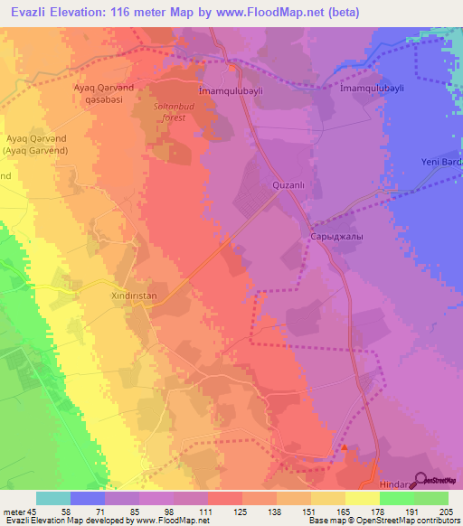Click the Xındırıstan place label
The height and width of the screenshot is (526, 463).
(133, 295)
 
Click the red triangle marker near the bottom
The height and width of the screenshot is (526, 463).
(344, 446)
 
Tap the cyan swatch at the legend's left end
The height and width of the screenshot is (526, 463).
(53, 498)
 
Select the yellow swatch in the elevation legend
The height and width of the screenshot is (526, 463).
(363, 498)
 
